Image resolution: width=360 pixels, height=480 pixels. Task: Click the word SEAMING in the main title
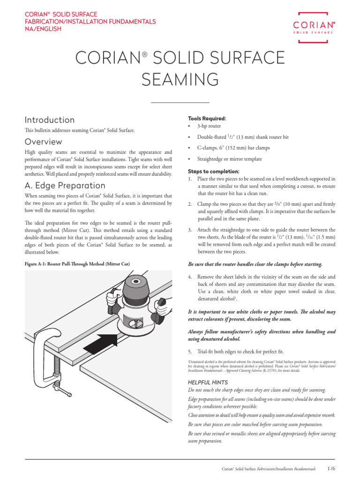(180, 80)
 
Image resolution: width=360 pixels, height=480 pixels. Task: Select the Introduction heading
(49, 120)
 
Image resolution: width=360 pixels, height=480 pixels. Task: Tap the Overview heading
(43, 142)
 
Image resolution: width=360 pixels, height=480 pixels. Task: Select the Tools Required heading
(207, 118)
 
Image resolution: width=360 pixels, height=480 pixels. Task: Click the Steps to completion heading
(213, 171)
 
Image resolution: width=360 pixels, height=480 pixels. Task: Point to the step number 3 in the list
(190, 230)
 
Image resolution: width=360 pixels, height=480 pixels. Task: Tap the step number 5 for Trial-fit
(190, 352)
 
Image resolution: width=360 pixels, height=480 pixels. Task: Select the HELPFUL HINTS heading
(208, 382)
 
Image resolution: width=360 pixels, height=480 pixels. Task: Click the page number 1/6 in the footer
(332, 468)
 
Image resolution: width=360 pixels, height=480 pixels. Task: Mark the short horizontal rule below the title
(180, 102)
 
